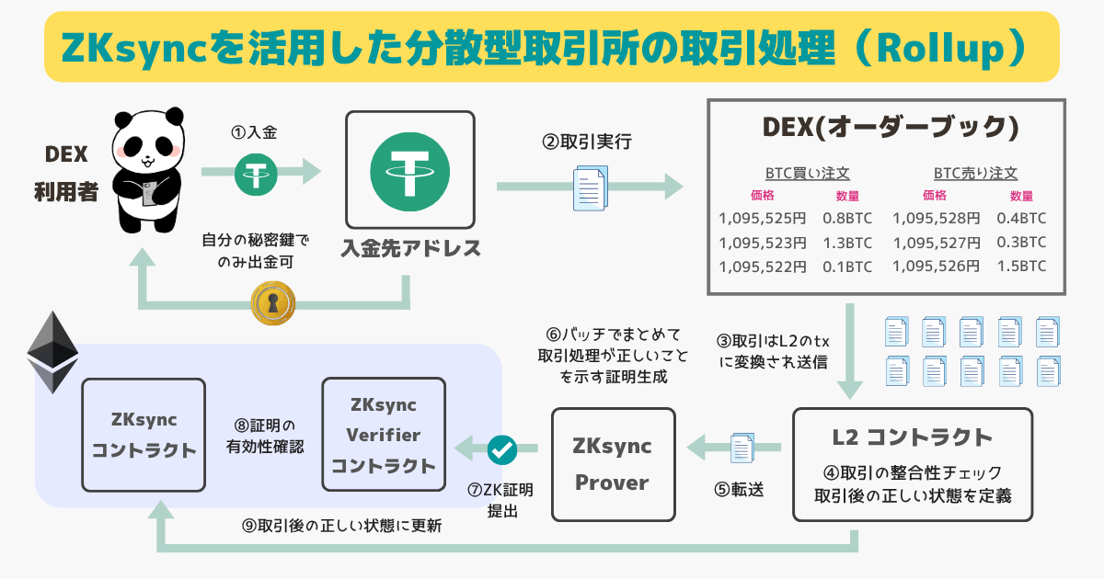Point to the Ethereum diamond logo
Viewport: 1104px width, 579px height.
[52, 352]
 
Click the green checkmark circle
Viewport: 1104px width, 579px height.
[502, 450]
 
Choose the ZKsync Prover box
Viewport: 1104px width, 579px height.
[613, 464]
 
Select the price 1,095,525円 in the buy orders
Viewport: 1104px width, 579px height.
[763, 218]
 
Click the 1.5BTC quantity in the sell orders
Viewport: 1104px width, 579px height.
[1021, 267]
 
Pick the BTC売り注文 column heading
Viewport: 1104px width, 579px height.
[975, 173]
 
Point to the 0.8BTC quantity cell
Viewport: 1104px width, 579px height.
[847, 218]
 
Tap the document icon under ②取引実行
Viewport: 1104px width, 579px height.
[590, 187]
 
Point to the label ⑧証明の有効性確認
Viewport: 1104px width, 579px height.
[264, 437]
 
